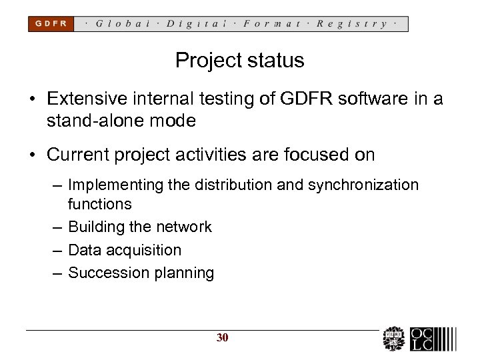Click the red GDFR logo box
pyautogui.click(x=51, y=23)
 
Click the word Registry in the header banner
pyautogui.click(x=353, y=23)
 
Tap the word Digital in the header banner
pyautogui.click(x=197, y=23)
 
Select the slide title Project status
pyautogui.click(x=239, y=61)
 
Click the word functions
pyautogui.click(x=100, y=203)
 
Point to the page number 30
pyautogui.click(x=222, y=337)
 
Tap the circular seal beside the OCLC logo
pyautogui.click(x=394, y=339)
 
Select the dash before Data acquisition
pyautogui.click(x=55, y=250)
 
